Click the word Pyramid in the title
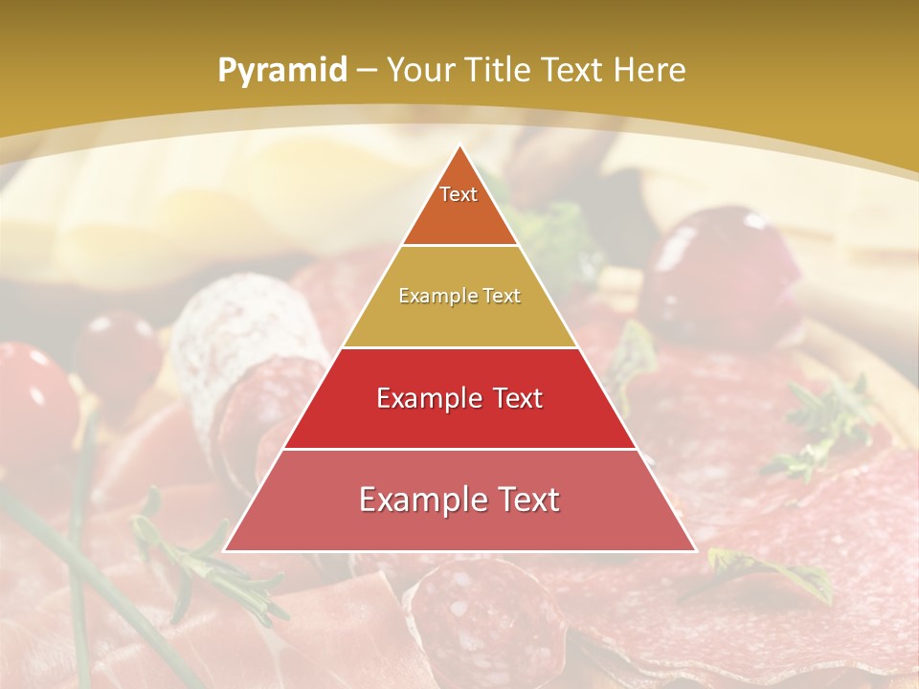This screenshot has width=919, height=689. (281, 71)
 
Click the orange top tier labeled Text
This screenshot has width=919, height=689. (459, 206)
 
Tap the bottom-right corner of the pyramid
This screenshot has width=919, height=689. (694, 549)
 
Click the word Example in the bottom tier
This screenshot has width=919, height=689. (417, 500)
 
